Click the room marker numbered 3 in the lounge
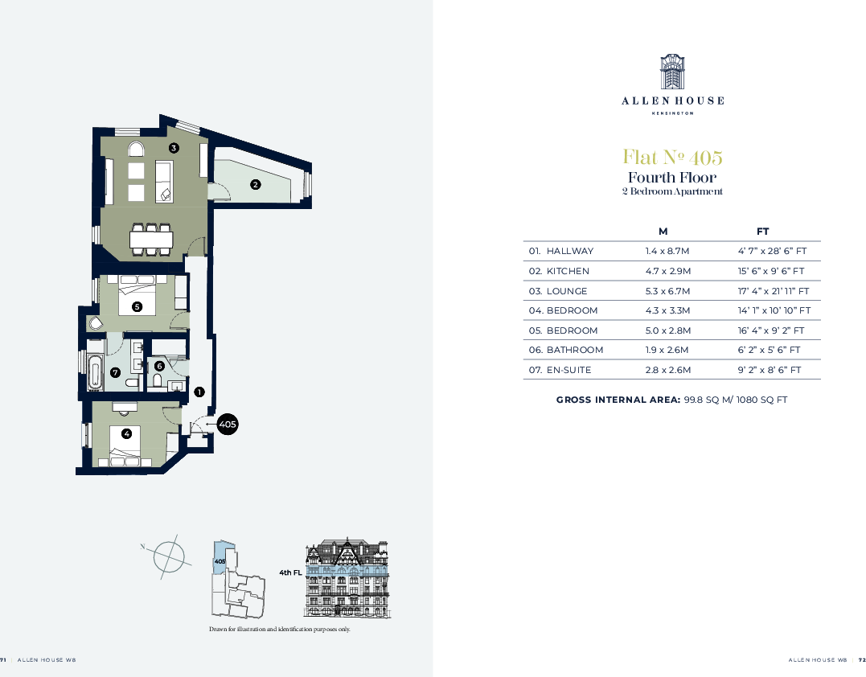(174, 148)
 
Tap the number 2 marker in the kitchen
(256, 184)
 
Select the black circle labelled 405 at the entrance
(228, 423)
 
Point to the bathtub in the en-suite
(96, 373)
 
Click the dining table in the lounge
(151, 240)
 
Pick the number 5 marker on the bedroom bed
(137, 306)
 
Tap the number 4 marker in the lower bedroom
(126, 434)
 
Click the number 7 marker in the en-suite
(116, 372)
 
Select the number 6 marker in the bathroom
(159, 366)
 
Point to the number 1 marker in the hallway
(199, 392)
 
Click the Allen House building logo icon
(672, 72)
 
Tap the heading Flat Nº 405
(672, 156)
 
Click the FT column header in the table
(762, 232)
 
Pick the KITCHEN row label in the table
(568, 271)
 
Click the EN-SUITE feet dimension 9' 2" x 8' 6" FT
(770, 370)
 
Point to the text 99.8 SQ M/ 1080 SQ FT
(735, 400)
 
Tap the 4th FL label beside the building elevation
(290, 572)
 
